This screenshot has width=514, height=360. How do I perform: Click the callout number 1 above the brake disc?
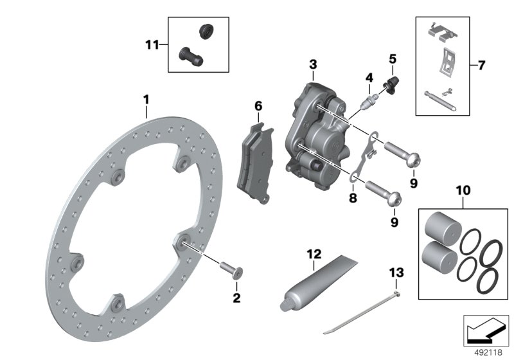(146, 100)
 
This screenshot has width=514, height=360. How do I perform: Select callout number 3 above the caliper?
(313, 65)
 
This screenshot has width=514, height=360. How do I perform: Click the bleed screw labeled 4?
(368, 101)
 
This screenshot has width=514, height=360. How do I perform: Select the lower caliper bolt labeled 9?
(384, 190)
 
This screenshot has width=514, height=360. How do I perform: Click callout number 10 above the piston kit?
(463, 191)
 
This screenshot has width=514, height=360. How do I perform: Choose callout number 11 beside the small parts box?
(151, 44)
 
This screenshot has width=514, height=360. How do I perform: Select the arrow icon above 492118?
(485, 330)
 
